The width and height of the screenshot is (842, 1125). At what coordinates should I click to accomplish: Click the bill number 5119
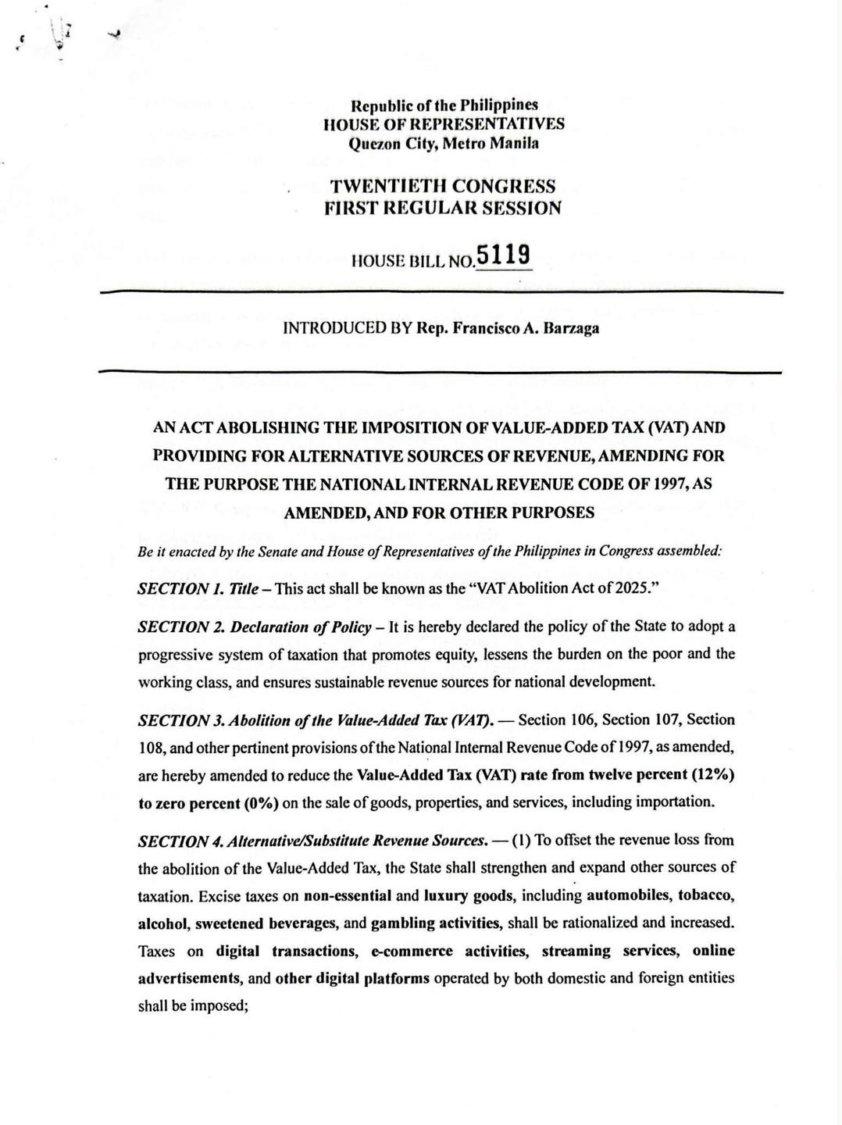(504, 255)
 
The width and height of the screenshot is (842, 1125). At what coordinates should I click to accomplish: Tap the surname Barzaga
(569, 328)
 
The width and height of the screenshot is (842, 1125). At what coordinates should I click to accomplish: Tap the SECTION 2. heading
(182, 627)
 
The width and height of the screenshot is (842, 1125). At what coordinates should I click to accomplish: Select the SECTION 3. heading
(182, 719)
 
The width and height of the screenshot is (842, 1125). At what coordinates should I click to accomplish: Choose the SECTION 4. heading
(183, 841)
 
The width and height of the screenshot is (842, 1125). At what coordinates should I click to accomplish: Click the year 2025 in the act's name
(636, 588)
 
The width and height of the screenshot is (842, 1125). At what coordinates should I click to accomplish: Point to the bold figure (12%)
(714, 775)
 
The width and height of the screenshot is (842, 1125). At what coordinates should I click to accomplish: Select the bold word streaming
(576, 951)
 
